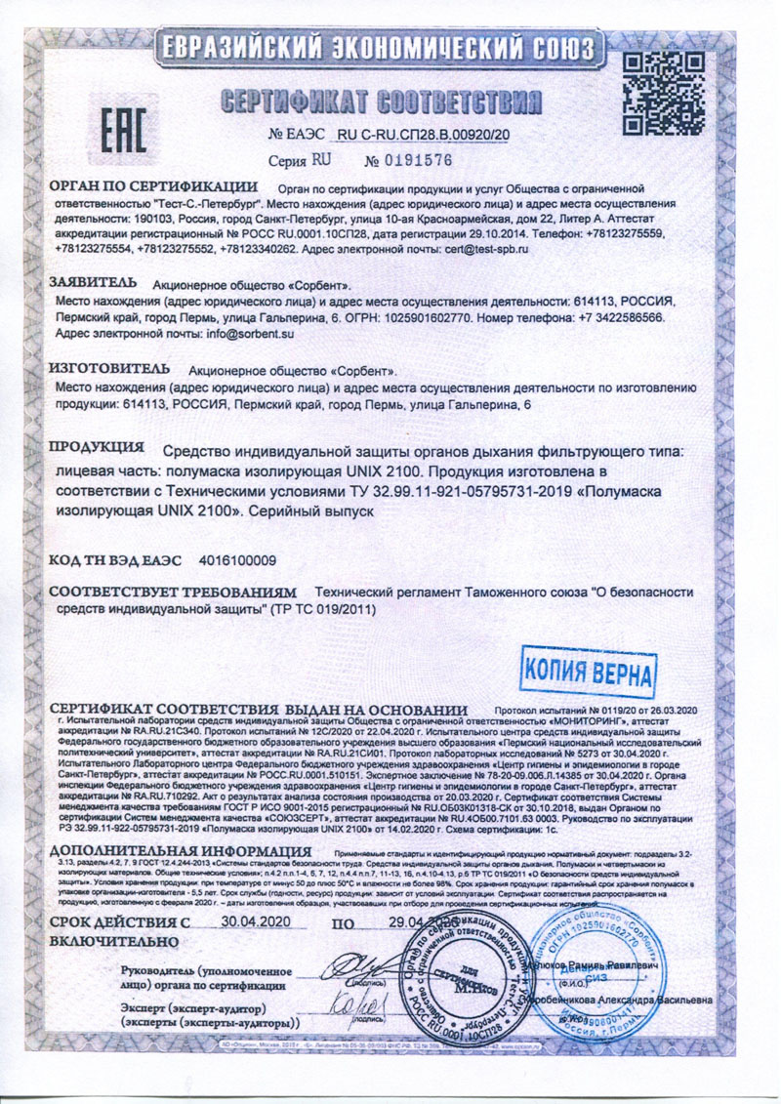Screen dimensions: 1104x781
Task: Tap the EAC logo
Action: click(x=125, y=127)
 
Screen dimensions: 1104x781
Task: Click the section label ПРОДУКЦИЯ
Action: click(x=98, y=448)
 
